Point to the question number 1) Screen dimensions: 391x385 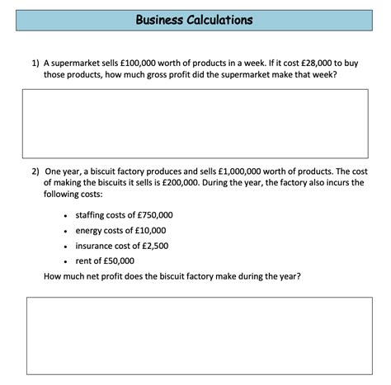(x=35, y=62)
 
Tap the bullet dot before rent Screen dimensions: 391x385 (x=65, y=261)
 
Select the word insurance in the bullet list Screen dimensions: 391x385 (x=95, y=246)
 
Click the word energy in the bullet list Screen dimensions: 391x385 (x=89, y=230)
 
